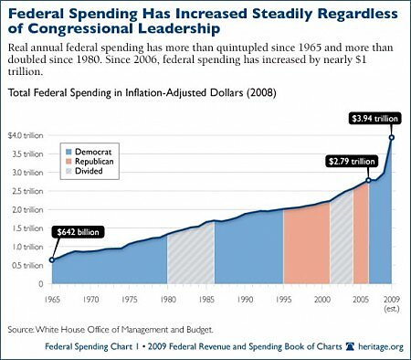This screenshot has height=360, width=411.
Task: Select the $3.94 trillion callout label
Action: pos(372,118)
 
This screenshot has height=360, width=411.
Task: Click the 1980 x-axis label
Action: pos(166,298)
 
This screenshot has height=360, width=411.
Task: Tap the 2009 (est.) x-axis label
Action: pos(391,302)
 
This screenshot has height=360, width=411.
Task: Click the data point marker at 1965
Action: pos(51,260)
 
